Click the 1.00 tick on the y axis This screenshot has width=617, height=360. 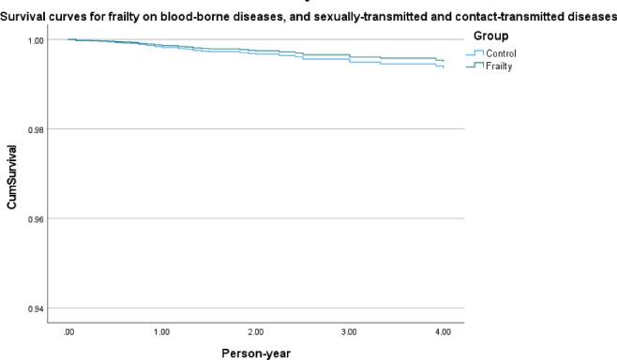pyautogui.click(x=36, y=40)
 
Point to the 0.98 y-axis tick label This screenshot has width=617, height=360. pyautogui.click(x=36, y=129)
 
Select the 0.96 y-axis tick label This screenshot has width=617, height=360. pyautogui.click(x=36, y=219)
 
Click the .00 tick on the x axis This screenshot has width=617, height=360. pyautogui.click(x=68, y=333)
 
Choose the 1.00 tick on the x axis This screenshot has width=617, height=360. pyautogui.click(x=162, y=333)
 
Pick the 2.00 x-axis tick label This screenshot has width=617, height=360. pyautogui.click(x=256, y=333)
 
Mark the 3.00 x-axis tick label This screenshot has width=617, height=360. pyautogui.click(x=350, y=333)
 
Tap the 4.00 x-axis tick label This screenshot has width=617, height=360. pyautogui.click(x=444, y=333)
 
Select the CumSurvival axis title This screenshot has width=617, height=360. pyautogui.click(x=13, y=174)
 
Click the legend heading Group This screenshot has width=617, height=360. pyautogui.click(x=491, y=36)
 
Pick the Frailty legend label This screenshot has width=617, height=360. pyautogui.click(x=498, y=66)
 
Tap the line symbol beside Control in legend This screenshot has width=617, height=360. pyautogui.click(x=474, y=53)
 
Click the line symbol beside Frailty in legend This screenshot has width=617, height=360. pyautogui.click(x=474, y=66)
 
